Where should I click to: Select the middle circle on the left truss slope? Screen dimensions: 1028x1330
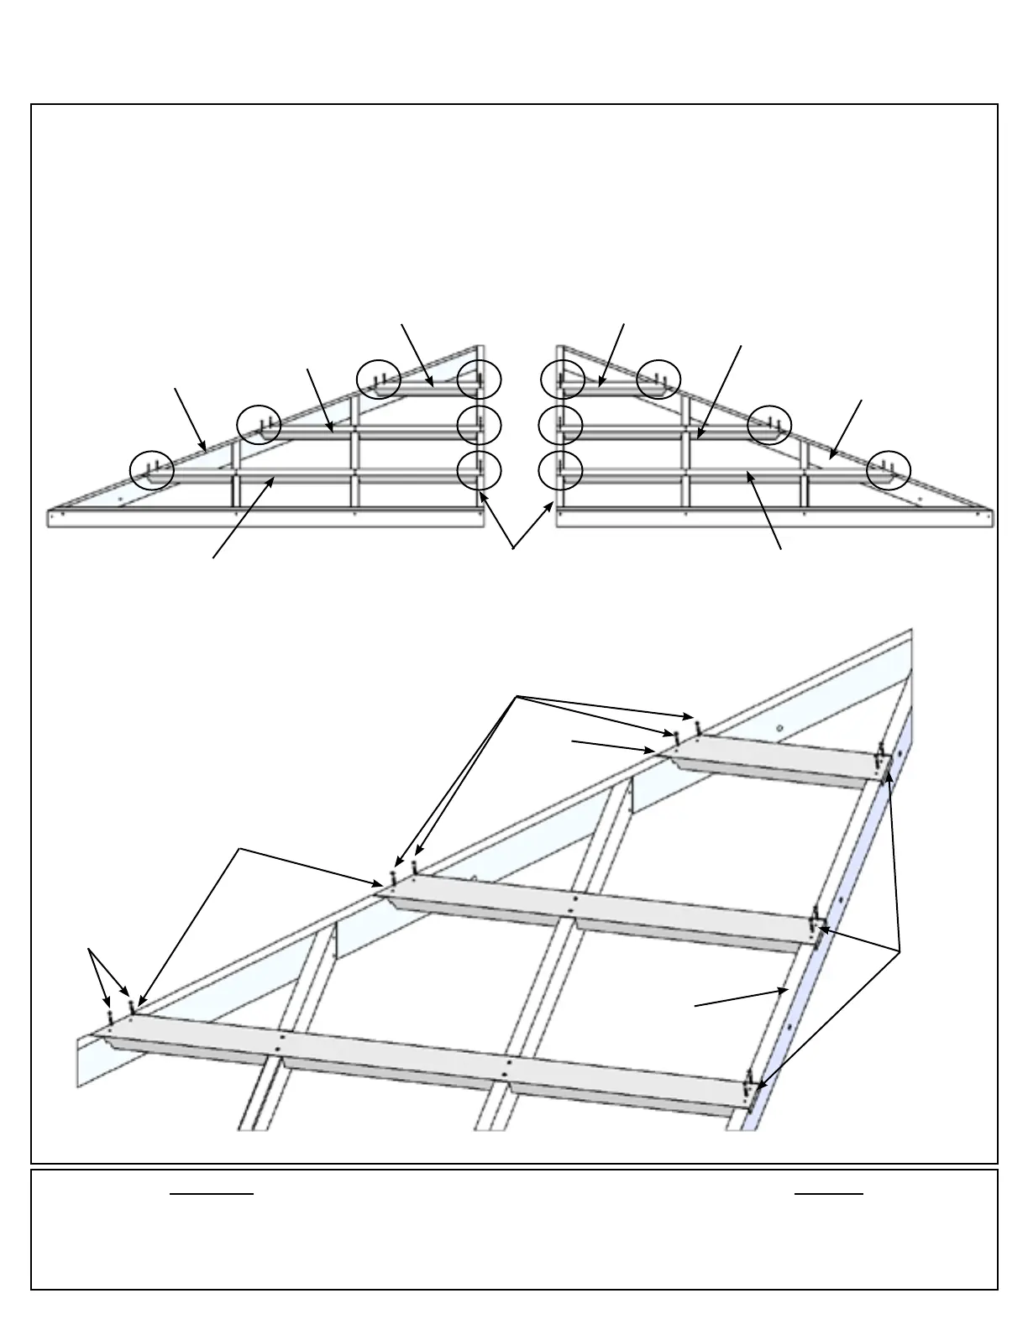pos(259,425)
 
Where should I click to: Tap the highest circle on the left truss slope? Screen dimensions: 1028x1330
pos(378,380)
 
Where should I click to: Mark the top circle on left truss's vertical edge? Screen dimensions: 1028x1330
pos(479,380)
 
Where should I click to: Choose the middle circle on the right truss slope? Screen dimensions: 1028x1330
pos(769,425)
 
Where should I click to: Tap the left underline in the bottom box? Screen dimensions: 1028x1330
pos(212,1192)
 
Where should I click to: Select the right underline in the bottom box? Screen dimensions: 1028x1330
pos(829,1192)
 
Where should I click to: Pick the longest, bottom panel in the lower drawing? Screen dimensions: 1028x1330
pos(420,1054)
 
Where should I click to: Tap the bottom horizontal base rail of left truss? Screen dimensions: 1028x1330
pos(265,517)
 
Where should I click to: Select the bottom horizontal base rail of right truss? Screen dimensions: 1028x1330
pos(777,517)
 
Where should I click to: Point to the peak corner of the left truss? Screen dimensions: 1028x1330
pos(481,347)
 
